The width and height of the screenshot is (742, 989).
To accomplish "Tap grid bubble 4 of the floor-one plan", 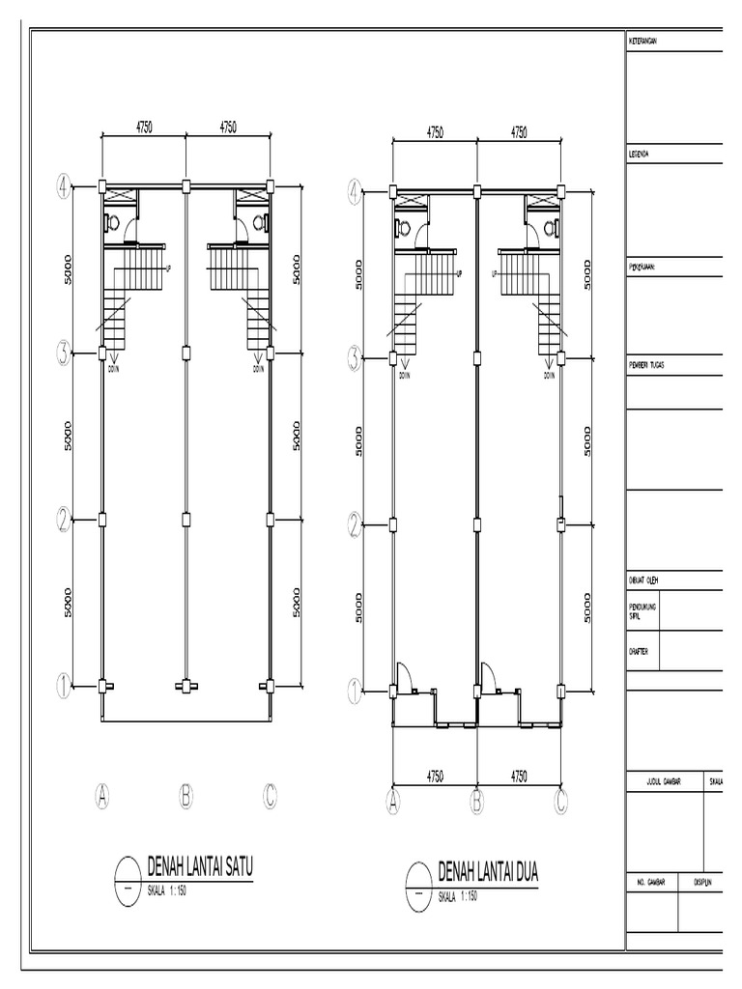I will [x=64, y=186].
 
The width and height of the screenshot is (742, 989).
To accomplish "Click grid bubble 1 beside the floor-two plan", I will [x=355, y=690].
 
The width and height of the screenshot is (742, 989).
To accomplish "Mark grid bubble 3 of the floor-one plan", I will [x=64, y=354].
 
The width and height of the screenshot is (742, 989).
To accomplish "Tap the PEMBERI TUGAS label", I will [x=650, y=365].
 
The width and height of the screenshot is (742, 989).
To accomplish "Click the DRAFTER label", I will [x=641, y=652].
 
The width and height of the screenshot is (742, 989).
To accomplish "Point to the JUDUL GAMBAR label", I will [x=658, y=780].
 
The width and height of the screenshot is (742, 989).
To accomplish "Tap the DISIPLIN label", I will [x=702, y=883].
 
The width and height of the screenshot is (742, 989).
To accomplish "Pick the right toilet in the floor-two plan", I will [x=551, y=229].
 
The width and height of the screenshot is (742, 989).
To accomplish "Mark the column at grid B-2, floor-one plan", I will [x=185, y=521].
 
